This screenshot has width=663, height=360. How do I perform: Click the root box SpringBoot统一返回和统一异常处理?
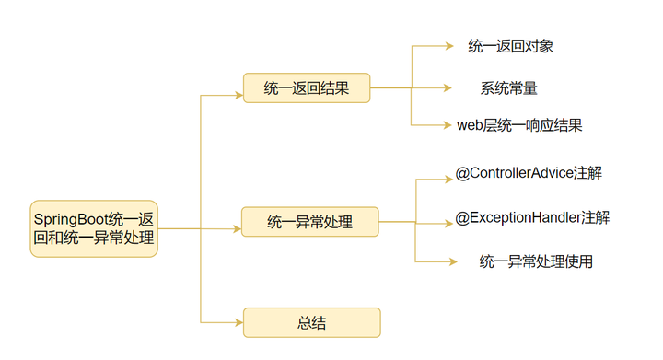(94, 228)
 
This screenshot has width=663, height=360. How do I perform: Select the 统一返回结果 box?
(307, 88)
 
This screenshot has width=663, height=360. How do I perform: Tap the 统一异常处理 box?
(310, 222)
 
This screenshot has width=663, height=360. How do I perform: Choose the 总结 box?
(311, 322)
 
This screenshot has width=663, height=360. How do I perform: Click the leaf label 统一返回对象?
(510, 45)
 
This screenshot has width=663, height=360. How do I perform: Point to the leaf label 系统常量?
(508, 88)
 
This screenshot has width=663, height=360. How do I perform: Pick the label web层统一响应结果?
(519, 125)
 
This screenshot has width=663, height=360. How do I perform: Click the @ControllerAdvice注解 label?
(529, 172)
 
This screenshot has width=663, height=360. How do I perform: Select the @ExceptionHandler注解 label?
(532, 217)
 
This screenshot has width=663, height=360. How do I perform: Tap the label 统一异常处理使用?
(536, 261)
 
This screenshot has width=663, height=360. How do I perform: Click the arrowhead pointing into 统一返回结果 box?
(238, 94)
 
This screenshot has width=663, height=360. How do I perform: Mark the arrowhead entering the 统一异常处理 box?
(237, 227)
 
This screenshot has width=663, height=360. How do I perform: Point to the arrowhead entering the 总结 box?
(238, 322)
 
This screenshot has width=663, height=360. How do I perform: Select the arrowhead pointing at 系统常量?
(448, 88)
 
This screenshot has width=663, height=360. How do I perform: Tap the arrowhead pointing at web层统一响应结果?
(448, 125)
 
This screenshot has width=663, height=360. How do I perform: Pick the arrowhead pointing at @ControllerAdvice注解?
(448, 178)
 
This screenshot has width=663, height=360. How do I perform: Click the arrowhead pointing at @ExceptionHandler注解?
(448, 222)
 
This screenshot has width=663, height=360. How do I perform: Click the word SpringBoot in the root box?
(70, 218)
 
